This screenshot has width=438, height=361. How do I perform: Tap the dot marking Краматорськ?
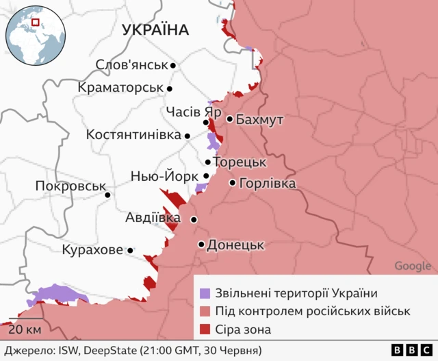(x=170, y=88)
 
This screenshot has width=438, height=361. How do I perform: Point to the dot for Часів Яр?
(x=206, y=123)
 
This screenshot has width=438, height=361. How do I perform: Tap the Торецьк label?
(x=239, y=163)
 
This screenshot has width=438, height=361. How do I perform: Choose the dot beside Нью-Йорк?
(x=206, y=176)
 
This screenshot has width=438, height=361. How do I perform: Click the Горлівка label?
(x=268, y=184)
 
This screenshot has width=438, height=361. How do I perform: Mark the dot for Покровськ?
(x=107, y=195)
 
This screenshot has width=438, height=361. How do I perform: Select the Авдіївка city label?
(x=153, y=218)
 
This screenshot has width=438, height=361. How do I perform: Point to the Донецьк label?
(x=235, y=245)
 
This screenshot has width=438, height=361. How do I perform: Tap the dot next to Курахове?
(x=130, y=251)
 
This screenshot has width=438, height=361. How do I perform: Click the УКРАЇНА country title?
(x=155, y=29)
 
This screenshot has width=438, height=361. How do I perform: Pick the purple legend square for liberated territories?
(x=205, y=293)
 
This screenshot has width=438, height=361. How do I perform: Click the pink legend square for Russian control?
(x=205, y=311)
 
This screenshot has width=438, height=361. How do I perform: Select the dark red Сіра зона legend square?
(x=205, y=329)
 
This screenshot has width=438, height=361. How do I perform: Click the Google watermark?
(x=413, y=266)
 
